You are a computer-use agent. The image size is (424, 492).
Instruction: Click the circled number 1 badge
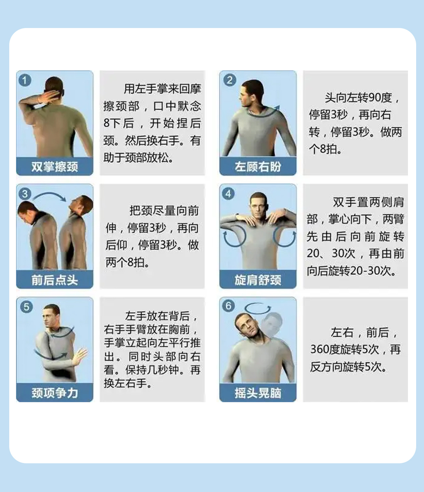[x=25, y=81]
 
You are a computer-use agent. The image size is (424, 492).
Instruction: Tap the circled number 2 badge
[x=229, y=80]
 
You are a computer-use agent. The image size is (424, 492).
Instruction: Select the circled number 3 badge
[x=25, y=194]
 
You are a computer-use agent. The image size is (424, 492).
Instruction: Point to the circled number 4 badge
[x=228, y=194]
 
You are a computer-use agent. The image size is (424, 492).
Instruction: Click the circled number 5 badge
[x=26, y=306]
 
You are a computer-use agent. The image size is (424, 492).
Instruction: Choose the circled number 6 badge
[x=228, y=305]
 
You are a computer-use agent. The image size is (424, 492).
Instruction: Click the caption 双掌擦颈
[x=55, y=167]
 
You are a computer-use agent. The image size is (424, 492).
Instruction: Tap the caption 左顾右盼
[x=258, y=167]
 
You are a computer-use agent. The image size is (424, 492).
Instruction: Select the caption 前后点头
[x=55, y=280]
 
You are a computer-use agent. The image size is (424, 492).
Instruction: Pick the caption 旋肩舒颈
[x=258, y=280]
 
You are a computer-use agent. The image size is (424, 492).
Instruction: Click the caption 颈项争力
[x=55, y=393]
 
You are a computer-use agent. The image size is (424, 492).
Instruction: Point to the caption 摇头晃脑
[x=258, y=393]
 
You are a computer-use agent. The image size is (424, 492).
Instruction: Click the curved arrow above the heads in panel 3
[x=50, y=196]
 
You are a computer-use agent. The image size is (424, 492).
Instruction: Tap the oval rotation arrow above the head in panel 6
[x=258, y=308]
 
